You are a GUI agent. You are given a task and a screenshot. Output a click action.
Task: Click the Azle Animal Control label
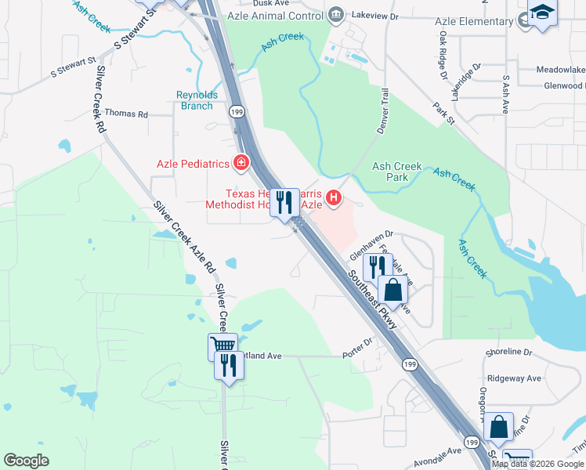274,14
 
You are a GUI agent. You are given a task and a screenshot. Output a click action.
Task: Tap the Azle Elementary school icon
541,13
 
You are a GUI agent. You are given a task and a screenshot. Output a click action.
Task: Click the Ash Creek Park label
397,172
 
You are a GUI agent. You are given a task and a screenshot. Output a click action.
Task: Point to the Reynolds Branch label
194,100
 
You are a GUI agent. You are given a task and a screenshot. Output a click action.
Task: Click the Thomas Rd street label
126,114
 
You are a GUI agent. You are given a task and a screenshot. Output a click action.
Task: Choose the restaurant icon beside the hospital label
285,203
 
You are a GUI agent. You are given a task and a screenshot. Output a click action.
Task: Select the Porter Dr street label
357,346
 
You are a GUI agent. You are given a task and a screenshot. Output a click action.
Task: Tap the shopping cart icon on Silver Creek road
222,345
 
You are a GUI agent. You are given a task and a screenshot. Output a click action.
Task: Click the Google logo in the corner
26,461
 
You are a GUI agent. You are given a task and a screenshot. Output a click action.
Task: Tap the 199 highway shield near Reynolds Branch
235,112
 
